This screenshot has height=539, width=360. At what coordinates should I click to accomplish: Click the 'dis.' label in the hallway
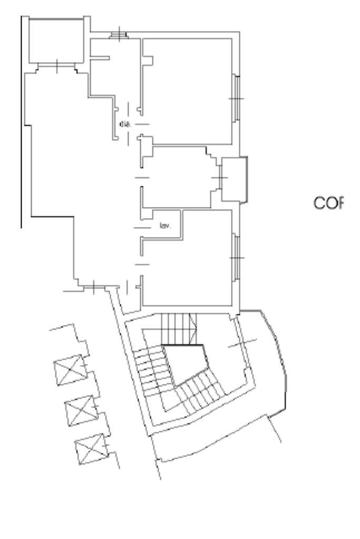point(125,124)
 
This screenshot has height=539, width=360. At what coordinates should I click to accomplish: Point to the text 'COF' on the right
point(329,203)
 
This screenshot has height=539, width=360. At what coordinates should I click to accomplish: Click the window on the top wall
point(119,35)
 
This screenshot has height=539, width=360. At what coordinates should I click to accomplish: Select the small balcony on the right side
point(234,179)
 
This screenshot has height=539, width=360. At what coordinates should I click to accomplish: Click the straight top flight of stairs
point(177,328)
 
